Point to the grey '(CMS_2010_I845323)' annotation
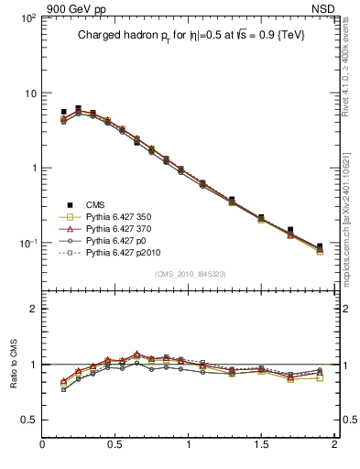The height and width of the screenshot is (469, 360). click(190, 274)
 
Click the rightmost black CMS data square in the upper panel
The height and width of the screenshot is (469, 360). click(320, 246)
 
